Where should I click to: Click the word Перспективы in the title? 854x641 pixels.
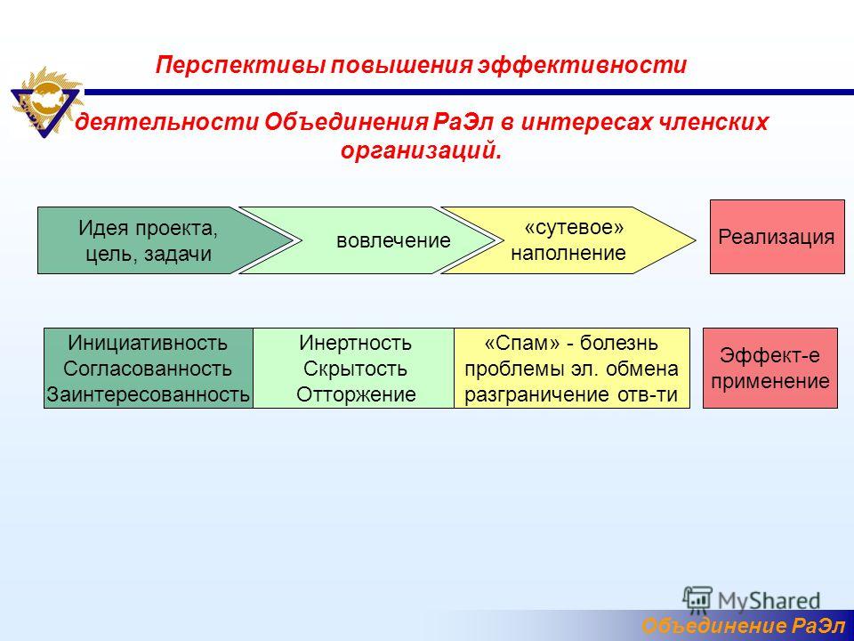coord(240,65)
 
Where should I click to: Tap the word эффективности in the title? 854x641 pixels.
coord(582,65)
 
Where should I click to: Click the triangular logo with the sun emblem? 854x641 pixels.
coord(46,101)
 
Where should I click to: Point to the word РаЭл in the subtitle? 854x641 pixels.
coord(463,121)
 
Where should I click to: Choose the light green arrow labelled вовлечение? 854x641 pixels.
coord(366,240)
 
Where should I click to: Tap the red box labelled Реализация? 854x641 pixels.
coord(777,237)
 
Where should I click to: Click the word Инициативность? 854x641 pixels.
coord(148,343)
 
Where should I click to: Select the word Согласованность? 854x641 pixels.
coord(148,369)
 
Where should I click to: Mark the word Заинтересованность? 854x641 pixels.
coord(148,394)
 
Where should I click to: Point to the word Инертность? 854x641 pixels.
coord(355,343)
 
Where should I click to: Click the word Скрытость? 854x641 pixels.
coord(355,369)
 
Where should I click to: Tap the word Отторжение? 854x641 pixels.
coord(356,394)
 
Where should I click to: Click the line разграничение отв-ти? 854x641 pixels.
coord(571,394)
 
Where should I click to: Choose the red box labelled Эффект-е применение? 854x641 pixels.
coord(770,368)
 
